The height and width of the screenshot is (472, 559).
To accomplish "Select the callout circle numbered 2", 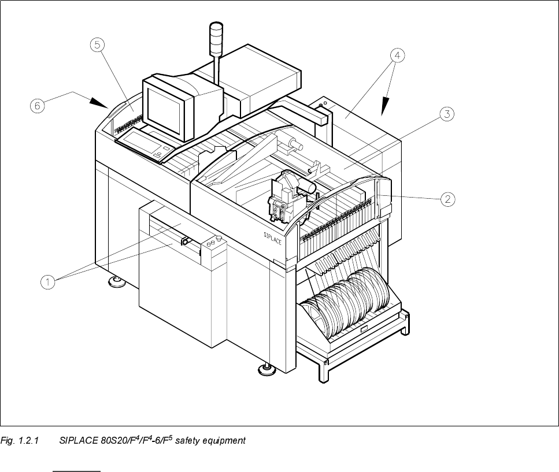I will [x=447, y=199].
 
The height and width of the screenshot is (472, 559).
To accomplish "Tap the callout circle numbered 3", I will [x=446, y=114].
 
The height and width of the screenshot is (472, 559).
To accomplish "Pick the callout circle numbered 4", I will [x=396, y=55].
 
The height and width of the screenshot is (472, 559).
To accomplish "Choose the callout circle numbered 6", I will [x=36, y=106].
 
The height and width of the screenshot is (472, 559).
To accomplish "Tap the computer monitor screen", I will [x=164, y=107].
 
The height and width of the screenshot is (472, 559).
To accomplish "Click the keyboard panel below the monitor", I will [x=144, y=142].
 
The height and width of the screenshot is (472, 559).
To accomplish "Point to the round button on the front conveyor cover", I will [x=219, y=238].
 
